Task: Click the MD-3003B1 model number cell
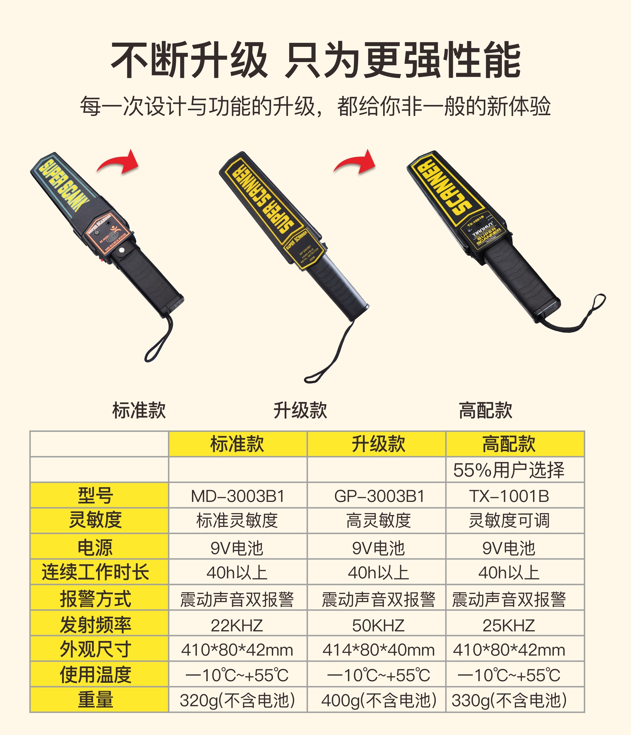click(x=237, y=496)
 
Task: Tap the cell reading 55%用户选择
click(x=509, y=470)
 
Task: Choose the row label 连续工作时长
click(x=96, y=572)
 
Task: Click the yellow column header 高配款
click(x=509, y=444)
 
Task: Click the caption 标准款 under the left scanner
click(x=139, y=411)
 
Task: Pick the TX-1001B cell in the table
click(x=509, y=496)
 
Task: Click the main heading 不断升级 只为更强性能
click(x=315, y=60)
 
